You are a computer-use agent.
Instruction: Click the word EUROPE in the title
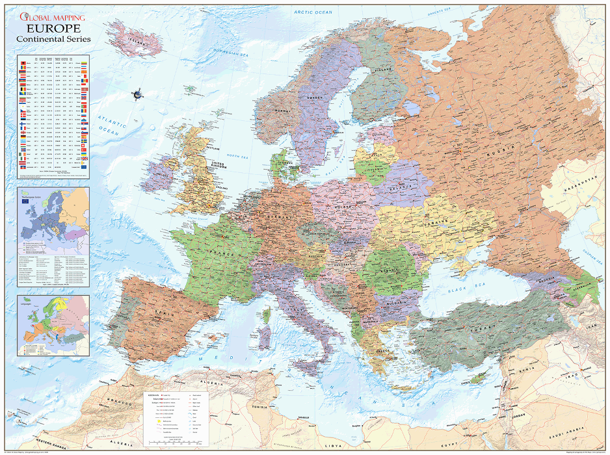coord(53,29)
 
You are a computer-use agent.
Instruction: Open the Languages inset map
coord(53,325)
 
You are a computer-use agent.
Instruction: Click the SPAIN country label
coord(163,312)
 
